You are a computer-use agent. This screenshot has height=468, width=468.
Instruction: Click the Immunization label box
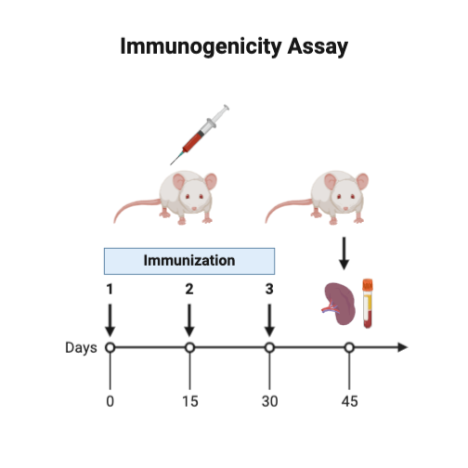click(x=189, y=260)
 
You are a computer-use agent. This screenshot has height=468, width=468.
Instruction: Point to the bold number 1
click(x=110, y=289)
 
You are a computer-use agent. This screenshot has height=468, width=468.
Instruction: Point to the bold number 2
click(x=189, y=289)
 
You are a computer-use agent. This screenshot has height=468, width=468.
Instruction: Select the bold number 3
click(x=269, y=289)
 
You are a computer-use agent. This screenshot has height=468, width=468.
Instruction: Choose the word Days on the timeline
click(x=81, y=348)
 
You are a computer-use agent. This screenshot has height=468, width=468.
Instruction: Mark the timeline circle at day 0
click(x=110, y=348)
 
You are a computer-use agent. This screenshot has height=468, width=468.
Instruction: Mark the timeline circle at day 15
click(x=189, y=348)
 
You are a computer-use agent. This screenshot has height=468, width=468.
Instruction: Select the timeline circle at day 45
click(x=349, y=348)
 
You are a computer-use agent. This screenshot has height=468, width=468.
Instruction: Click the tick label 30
click(x=269, y=401)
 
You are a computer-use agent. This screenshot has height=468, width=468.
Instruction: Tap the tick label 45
click(x=349, y=401)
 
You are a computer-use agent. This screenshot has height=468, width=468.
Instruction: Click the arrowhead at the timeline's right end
click(x=402, y=348)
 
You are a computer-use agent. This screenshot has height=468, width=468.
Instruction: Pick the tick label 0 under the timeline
click(x=110, y=401)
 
